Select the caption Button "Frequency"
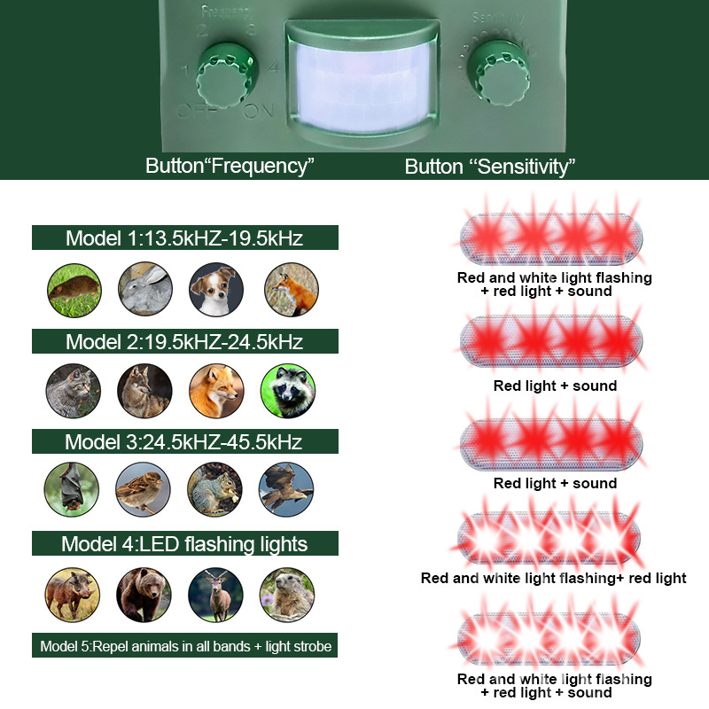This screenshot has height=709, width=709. pos(230,166)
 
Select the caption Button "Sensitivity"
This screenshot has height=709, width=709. pos(490,166)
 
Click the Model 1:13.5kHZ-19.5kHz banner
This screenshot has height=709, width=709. pos(185,238)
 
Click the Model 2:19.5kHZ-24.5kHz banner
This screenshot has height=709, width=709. pos(185,341)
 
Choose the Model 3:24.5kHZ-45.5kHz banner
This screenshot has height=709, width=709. pos(185,441)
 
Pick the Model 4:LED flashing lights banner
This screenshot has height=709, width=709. pos(185,543)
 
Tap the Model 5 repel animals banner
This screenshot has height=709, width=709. pos(185,646)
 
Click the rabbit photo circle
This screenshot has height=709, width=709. pos(144,290)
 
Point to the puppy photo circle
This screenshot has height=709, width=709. pos(216,290)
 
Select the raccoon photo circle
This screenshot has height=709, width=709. pos(288,392)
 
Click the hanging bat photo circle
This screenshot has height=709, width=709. pos(71,489)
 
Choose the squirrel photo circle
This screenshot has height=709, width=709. pos(214,489)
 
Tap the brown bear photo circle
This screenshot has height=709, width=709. pos(144,594)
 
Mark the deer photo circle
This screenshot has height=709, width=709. pos(215,594)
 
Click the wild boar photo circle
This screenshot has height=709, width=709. pos(72,594)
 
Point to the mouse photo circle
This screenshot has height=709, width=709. pos(73,290)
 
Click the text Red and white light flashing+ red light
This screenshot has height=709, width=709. pos(554,578)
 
